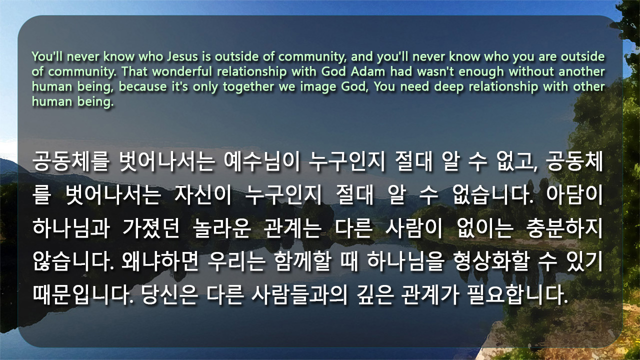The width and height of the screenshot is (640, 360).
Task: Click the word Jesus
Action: pyautogui.click(x=182, y=56)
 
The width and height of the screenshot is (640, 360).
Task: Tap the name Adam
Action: pyautogui.click(x=368, y=71)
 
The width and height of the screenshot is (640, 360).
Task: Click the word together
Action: pyautogui.click(x=248, y=87)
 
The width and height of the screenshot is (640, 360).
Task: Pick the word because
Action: pyautogui.click(x=142, y=86)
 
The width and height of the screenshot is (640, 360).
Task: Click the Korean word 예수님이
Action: pyautogui.click(x=262, y=161)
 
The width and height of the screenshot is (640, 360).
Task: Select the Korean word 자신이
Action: pyautogui.click(x=203, y=195)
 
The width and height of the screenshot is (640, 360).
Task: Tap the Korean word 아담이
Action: pyautogui.click(x=574, y=195)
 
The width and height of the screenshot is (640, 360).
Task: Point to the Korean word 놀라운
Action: pyautogui.click(x=221, y=228)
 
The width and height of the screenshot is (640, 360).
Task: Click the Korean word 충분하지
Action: pyautogui.click(x=564, y=228)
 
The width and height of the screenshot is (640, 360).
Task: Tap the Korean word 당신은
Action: pyautogui.click(x=169, y=294)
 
